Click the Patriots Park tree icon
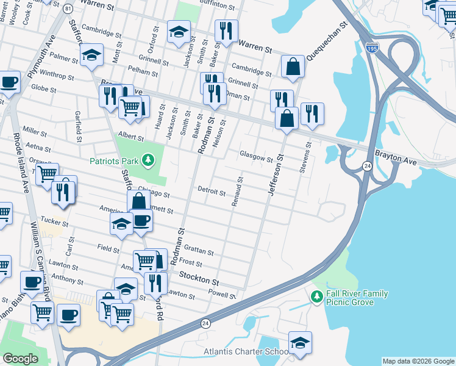(147, 161)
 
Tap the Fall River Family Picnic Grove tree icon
(316, 298)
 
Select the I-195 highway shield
(371, 47)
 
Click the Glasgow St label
(256, 157)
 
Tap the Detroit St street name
(212, 191)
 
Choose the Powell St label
(221, 295)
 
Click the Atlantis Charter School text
(246, 352)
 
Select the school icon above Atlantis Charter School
(300, 343)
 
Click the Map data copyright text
(418, 361)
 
